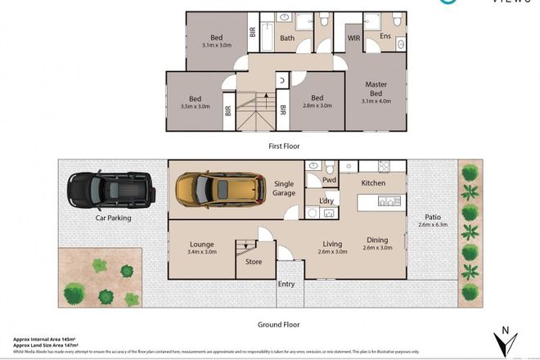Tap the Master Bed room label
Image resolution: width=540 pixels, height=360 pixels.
(x=376, y=89)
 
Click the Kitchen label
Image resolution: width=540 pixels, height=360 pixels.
(x=373, y=183)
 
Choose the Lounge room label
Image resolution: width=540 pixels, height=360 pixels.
(x=201, y=243)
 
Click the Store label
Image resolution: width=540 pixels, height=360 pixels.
(x=254, y=263)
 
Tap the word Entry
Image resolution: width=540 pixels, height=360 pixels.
(x=286, y=284)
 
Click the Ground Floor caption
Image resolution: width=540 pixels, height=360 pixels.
(x=280, y=324)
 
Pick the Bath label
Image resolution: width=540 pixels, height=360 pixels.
(x=287, y=37)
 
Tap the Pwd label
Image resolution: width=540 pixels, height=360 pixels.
(x=330, y=180)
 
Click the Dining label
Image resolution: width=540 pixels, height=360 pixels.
(x=377, y=240)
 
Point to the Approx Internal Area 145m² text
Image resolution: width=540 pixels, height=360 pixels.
(x=45, y=339)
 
